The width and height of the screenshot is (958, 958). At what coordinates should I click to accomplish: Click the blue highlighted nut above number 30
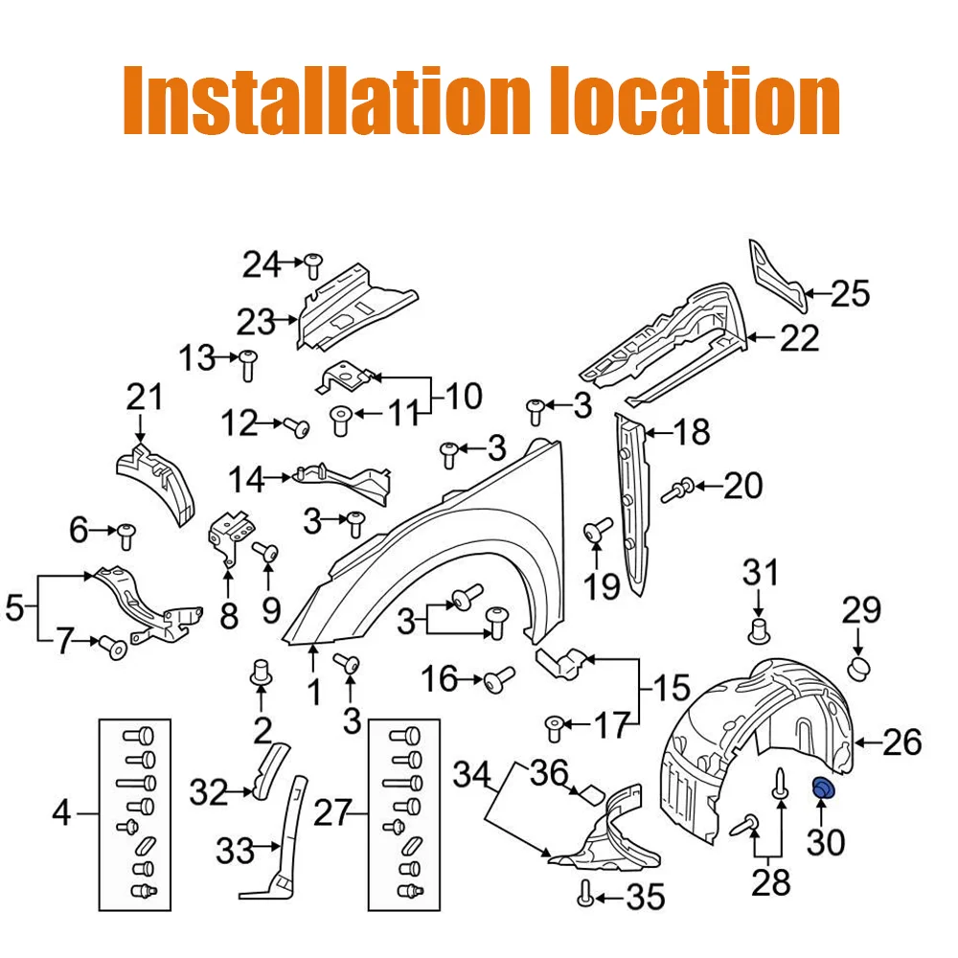(824, 788)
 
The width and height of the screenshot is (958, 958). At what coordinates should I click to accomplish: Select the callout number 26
(901, 742)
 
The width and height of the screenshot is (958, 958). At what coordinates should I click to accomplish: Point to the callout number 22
(799, 338)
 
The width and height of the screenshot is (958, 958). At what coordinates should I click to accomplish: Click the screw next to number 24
(313, 265)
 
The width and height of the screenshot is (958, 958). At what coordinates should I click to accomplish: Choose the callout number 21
(145, 398)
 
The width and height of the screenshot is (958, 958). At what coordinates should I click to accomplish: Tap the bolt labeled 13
(247, 365)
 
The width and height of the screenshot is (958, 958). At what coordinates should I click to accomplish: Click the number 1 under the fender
(314, 693)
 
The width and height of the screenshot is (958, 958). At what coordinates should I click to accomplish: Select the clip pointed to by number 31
(759, 631)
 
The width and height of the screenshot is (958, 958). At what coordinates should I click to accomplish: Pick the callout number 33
(235, 851)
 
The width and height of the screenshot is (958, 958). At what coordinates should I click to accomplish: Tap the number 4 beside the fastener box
(61, 813)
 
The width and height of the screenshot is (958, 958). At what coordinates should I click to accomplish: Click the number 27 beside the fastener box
(331, 812)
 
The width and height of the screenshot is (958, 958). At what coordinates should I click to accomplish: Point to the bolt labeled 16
(499, 679)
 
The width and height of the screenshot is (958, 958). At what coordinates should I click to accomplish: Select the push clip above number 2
(262, 673)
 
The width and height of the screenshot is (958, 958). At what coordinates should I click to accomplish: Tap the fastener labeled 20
(678, 490)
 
